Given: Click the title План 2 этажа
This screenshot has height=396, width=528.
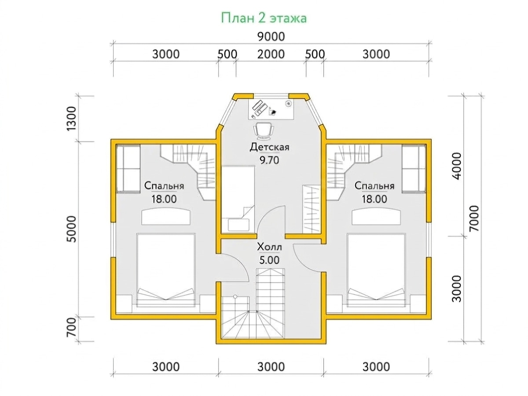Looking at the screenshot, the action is coord(264,19).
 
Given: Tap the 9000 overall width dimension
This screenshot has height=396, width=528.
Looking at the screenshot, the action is coord(271,37).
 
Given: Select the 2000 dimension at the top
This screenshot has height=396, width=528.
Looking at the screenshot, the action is coord(271,55).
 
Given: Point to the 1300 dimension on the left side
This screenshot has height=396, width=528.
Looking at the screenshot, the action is coord(72,118).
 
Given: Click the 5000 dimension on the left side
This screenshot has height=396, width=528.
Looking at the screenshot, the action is coord(72,229).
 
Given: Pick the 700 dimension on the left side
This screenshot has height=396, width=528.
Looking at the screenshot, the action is coord(72,327).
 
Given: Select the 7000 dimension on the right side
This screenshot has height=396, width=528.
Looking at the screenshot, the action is coord(474,218).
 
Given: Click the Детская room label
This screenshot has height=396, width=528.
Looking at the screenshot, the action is coord(269,147).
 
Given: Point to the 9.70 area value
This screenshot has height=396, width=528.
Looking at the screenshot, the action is coord(269,160).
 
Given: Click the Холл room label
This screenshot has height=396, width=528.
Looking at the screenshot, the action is coord(269,247).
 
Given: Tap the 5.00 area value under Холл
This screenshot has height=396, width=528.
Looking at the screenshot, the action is coord(269,260).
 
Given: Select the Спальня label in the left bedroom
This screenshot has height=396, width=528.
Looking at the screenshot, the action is coord(164,186).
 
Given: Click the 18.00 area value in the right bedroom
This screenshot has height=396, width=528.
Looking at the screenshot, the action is coord(374,199).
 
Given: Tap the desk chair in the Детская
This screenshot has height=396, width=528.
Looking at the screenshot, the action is coord(264,131).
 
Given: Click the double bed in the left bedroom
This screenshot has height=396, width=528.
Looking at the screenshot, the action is coord(165,270).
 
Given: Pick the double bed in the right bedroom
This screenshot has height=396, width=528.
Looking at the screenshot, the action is coord(376,270).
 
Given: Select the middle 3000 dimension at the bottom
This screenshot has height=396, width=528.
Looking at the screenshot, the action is coord(271,367).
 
